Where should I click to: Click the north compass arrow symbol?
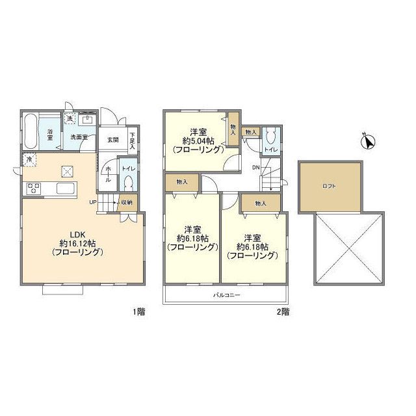tap(369, 142)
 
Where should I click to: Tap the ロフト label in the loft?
tap(329, 187)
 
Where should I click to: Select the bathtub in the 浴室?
tap(30, 131)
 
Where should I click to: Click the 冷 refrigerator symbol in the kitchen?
tap(29, 160)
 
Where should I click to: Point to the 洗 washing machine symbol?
tap(70, 118)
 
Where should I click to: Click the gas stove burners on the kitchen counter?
tap(33, 188)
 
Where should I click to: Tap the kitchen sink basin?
tap(65, 188)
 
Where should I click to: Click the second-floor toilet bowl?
tap(270, 136)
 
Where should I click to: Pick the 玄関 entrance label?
tap(112, 140)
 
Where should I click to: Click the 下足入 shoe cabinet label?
tap(132, 140)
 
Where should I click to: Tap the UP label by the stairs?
tap(92, 202)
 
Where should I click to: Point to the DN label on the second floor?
tap(255, 168)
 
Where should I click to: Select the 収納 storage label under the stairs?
tap(127, 202)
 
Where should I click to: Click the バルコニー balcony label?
tap(227, 294)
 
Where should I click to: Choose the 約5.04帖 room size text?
tap(198, 140)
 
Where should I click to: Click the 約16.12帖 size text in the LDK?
tap(77, 243)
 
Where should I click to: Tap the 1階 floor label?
tap(138, 311)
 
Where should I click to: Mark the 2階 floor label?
tap(283, 311)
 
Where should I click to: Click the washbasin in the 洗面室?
tap(87, 120)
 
